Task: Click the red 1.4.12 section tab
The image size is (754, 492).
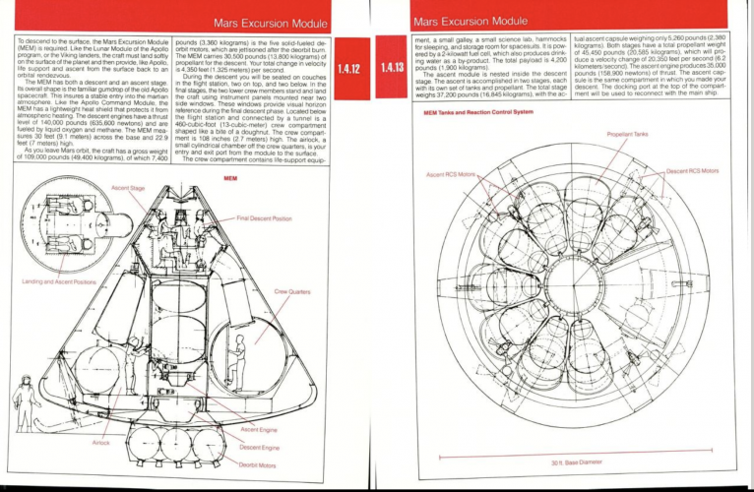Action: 350,69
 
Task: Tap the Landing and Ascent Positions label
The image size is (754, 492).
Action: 54,281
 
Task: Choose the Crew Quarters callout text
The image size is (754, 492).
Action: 292,291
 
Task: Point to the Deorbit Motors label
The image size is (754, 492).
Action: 258,463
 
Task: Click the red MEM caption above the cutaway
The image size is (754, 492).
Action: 230,178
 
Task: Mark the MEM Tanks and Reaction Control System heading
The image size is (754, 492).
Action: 477,113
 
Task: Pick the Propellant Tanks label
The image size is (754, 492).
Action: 627,134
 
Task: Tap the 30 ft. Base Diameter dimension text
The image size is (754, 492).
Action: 576,461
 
